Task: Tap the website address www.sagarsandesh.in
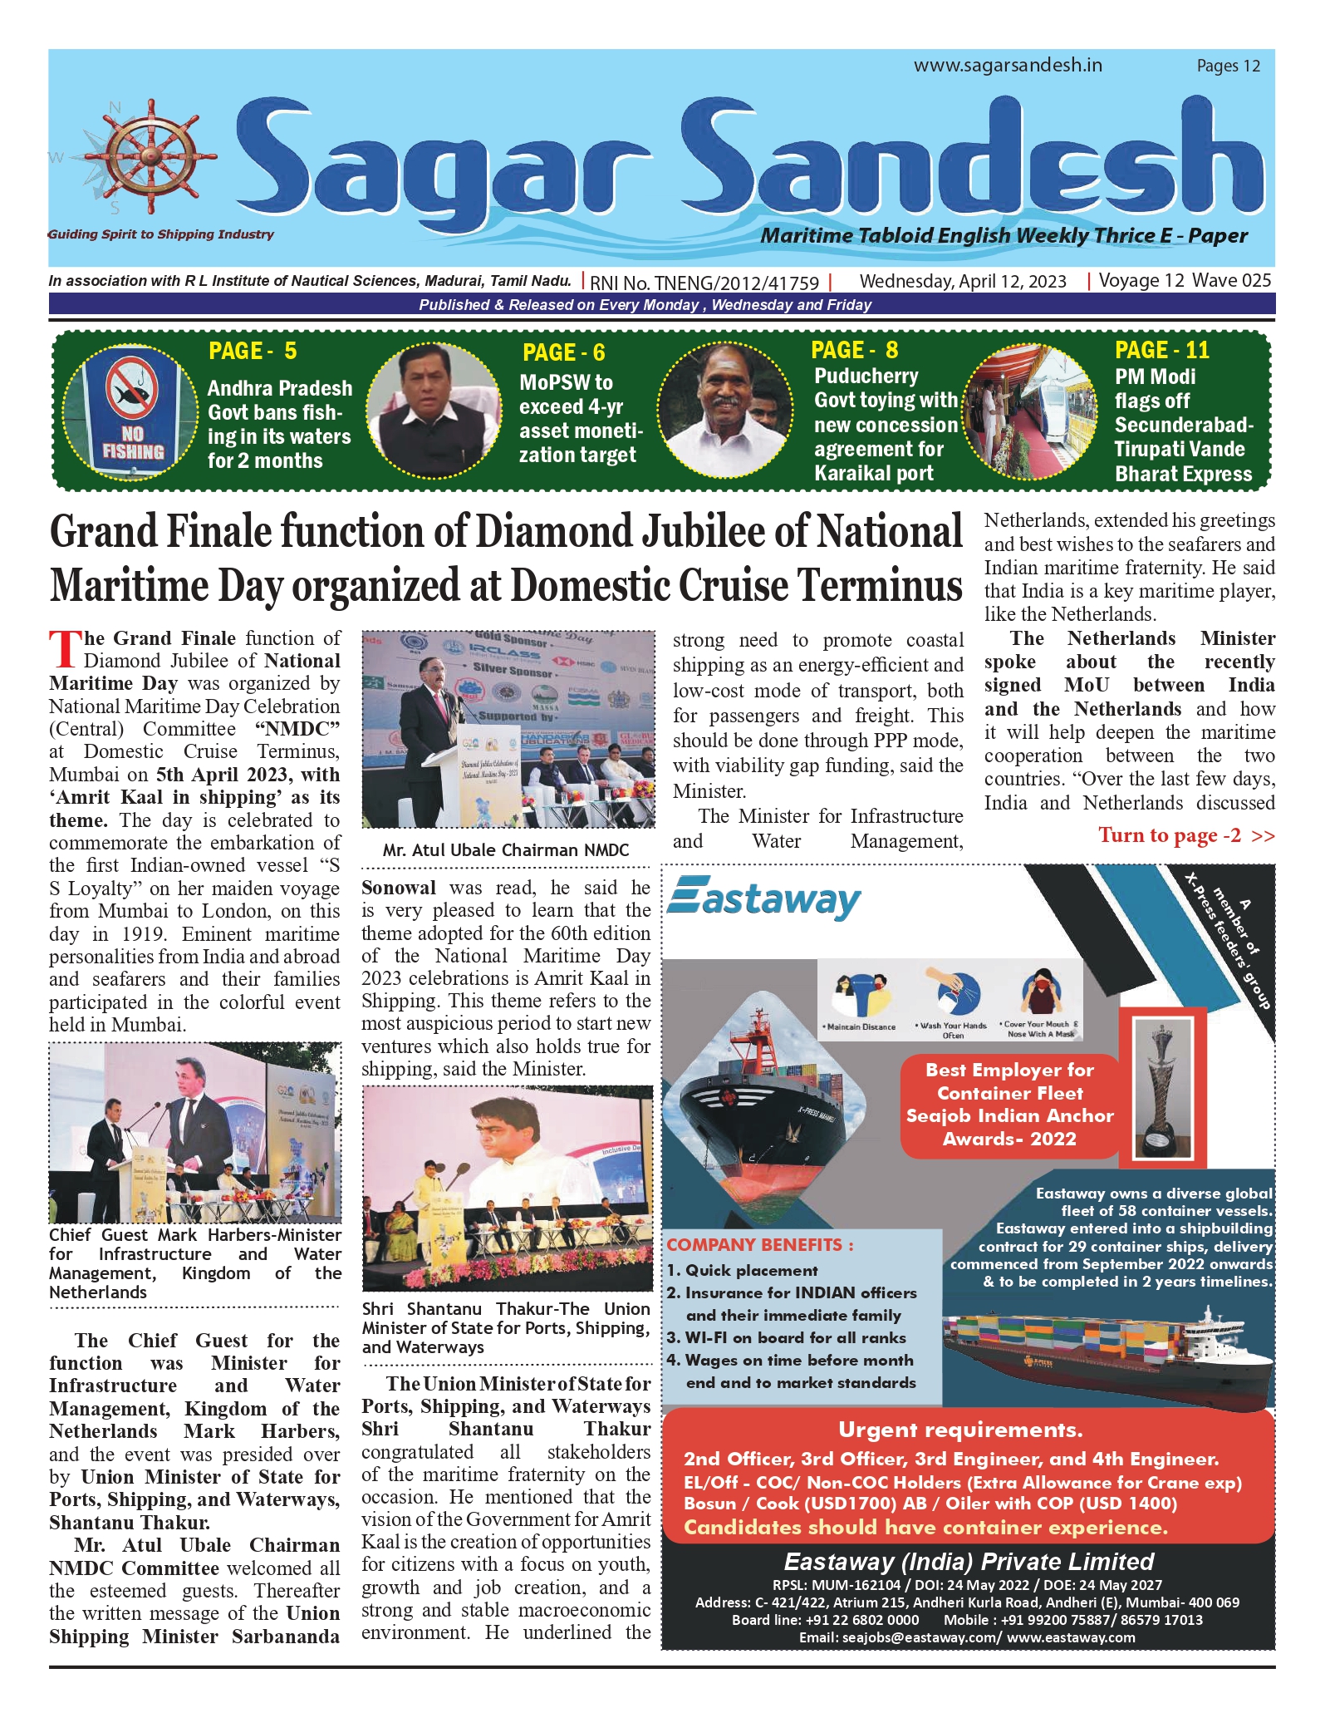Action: pyautogui.click(x=1008, y=66)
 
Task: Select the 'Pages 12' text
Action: pyautogui.click(x=1228, y=66)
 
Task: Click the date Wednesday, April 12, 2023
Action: pyautogui.click(x=963, y=282)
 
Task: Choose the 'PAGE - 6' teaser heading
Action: pyautogui.click(x=563, y=353)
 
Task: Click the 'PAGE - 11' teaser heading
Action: pyautogui.click(x=1161, y=351)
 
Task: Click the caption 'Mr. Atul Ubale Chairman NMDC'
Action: pyautogui.click(x=506, y=850)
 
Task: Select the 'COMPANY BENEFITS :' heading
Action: pyautogui.click(x=759, y=1245)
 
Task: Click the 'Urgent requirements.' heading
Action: pyautogui.click(x=960, y=1430)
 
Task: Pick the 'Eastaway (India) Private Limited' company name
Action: pyautogui.click(x=969, y=1562)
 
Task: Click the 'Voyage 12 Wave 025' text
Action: pyautogui.click(x=1185, y=281)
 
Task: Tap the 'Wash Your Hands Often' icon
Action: pyautogui.click(x=953, y=999)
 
